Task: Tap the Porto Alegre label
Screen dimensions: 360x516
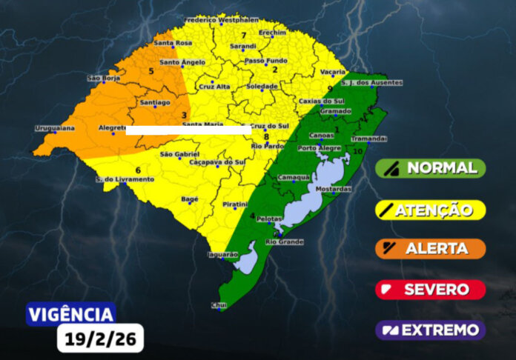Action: point(319,148)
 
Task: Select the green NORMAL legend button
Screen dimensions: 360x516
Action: point(430,168)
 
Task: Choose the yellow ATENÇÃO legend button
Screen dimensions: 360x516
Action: point(430,210)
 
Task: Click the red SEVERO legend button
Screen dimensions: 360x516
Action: point(430,290)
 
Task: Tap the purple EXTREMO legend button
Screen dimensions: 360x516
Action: point(430,330)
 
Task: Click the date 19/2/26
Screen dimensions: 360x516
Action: point(100,339)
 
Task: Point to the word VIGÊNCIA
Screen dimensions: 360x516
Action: point(71,314)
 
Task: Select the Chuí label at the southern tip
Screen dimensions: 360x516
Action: point(218,304)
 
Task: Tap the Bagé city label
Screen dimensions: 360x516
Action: point(191,199)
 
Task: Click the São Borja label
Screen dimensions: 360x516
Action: point(104,78)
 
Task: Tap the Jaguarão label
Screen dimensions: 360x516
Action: point(223,254)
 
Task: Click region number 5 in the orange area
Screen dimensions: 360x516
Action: point(152,71)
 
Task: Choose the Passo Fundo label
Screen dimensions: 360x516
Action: point(265,60)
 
